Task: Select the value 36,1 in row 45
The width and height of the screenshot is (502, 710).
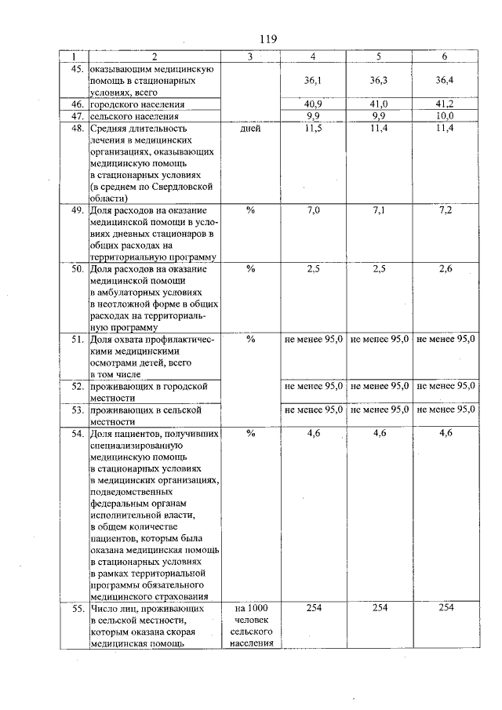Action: (x=314, y=80)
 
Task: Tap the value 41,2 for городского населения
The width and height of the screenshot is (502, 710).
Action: (x=445, y=104)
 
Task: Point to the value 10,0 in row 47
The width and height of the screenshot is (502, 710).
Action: (x=445, y=115)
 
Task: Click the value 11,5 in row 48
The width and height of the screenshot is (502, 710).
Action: (x=314, y=127)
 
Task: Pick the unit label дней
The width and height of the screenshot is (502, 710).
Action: (x=251, y=127)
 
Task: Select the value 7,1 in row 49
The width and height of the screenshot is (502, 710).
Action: (x=380, y=212)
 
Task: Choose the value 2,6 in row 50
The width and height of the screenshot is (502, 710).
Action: (x=445, y=269)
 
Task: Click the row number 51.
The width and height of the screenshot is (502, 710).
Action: (x=78, y=340)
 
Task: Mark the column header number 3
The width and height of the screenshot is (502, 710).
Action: (x=250, y=56)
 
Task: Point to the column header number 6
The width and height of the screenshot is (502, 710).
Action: (x=445, y=56)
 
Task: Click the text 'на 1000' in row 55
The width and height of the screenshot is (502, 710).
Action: (x=251, y=609)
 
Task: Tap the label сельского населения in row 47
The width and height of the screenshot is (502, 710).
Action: (x=137, y=115)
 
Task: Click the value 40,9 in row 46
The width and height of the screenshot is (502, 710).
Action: (x=314, y=104)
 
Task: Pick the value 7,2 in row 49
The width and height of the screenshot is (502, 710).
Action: (x=445, y=212)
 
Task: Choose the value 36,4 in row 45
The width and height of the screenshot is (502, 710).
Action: (x=445, y=80)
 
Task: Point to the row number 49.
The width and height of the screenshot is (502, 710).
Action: (x=78, y=212)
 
